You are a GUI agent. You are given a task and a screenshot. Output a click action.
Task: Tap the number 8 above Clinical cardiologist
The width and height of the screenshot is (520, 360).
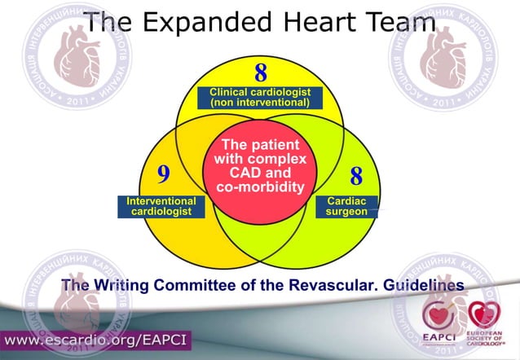261,72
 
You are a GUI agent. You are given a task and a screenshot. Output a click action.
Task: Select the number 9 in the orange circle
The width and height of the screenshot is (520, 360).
163,173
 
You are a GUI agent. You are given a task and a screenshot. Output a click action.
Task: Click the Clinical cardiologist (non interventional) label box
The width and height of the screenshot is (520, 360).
260,98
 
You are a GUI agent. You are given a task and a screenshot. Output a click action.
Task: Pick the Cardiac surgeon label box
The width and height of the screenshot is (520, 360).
346,205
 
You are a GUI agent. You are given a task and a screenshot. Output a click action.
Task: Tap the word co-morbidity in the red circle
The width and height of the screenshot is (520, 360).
259,187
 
